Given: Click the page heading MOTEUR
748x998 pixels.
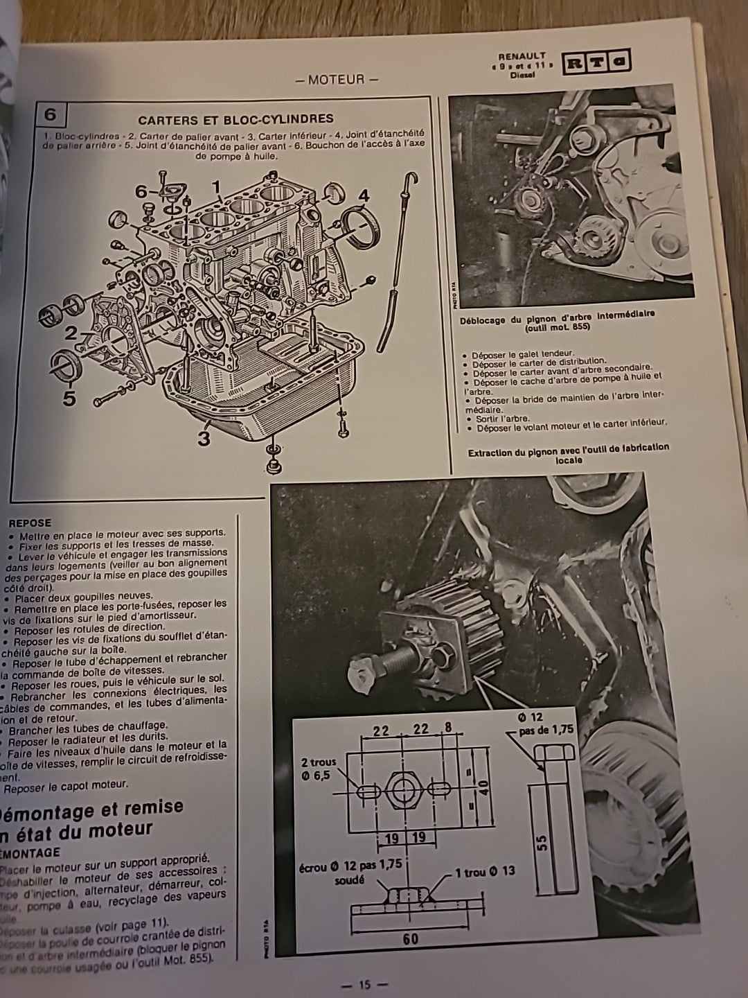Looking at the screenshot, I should pyautogui.click(x=337, y=79).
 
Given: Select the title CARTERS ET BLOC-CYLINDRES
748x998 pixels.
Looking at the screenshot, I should pyautogui.click(x=235, y=119).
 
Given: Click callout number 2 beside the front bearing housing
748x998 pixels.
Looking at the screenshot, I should pyautogui.click(x=71, y=333).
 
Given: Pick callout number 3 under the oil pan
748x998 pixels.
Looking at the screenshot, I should pyautogui.click(x=204, y=439).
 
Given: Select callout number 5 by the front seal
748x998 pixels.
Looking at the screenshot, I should pyautogui.click(x=69, y=399).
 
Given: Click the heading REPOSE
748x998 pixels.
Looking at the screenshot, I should pyautogui.click(x=30, y=523).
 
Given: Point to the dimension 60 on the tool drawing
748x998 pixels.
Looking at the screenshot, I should pyautogui.click(x=410, y=938).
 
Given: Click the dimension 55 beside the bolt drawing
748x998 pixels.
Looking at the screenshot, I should pyautogui.click(x=542, y=841).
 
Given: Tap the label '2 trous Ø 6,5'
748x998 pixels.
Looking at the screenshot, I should pyautogui.click(x=319, y=768).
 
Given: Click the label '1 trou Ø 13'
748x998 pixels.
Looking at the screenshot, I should pyautogui.click(x=485, y=871).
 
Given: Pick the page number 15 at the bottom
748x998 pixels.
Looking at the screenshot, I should pyautogui.click(x=366, y=985).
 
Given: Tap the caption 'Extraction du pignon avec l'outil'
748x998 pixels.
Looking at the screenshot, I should pyautogui.click(x=569, y=453).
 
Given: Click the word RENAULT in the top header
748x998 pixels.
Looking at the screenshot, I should pyautogui.click(x=522, y=55).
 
